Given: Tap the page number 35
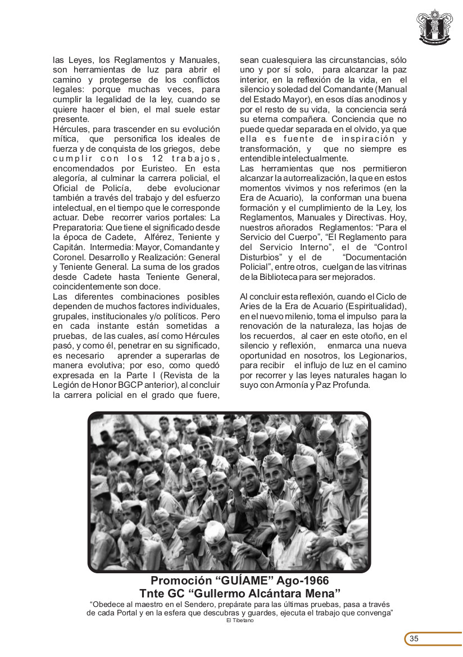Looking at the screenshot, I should pyautogui.click(x=414, y=638).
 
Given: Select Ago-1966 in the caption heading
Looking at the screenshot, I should pyautogui.click(x=301, y=581).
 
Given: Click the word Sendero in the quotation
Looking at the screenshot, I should pyautogui.click(x=194, y=604).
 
